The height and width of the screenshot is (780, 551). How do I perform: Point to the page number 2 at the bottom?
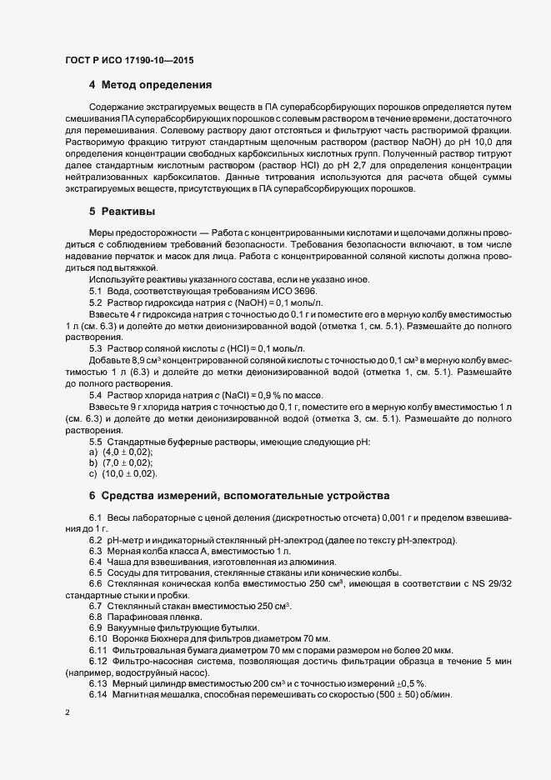[x=67, y=714]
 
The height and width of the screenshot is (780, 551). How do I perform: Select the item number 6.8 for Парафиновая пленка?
[x=95, y=616]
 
